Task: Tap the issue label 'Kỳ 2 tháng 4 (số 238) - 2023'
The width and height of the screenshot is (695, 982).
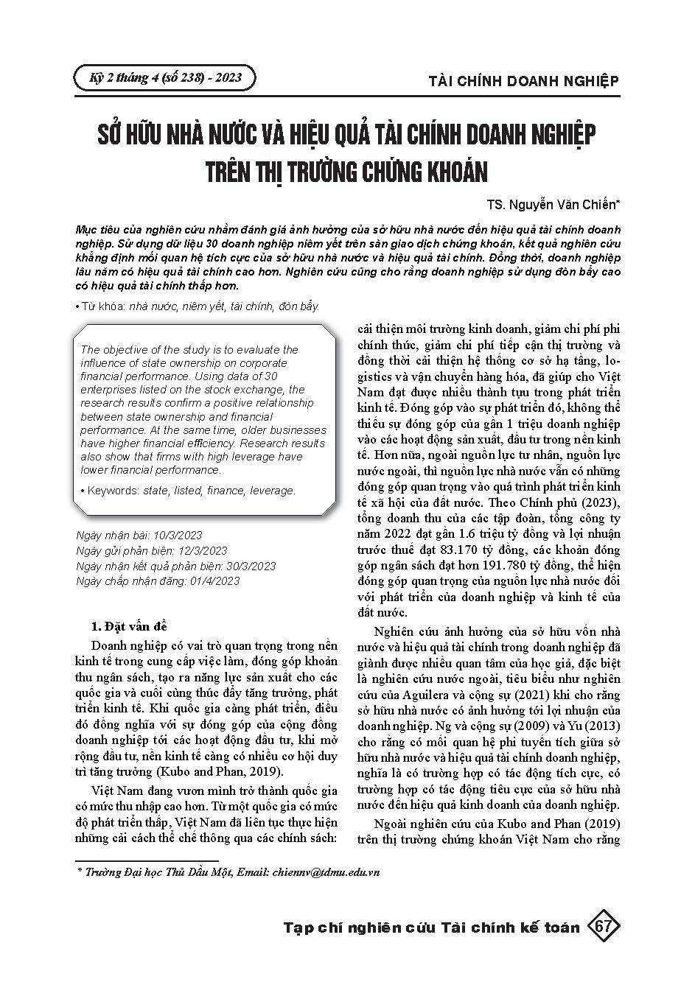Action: coord(165,77)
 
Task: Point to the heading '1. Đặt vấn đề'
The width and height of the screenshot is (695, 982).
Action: coord(129,627)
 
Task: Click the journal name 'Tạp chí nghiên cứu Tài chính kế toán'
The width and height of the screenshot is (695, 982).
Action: coord(431,927)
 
